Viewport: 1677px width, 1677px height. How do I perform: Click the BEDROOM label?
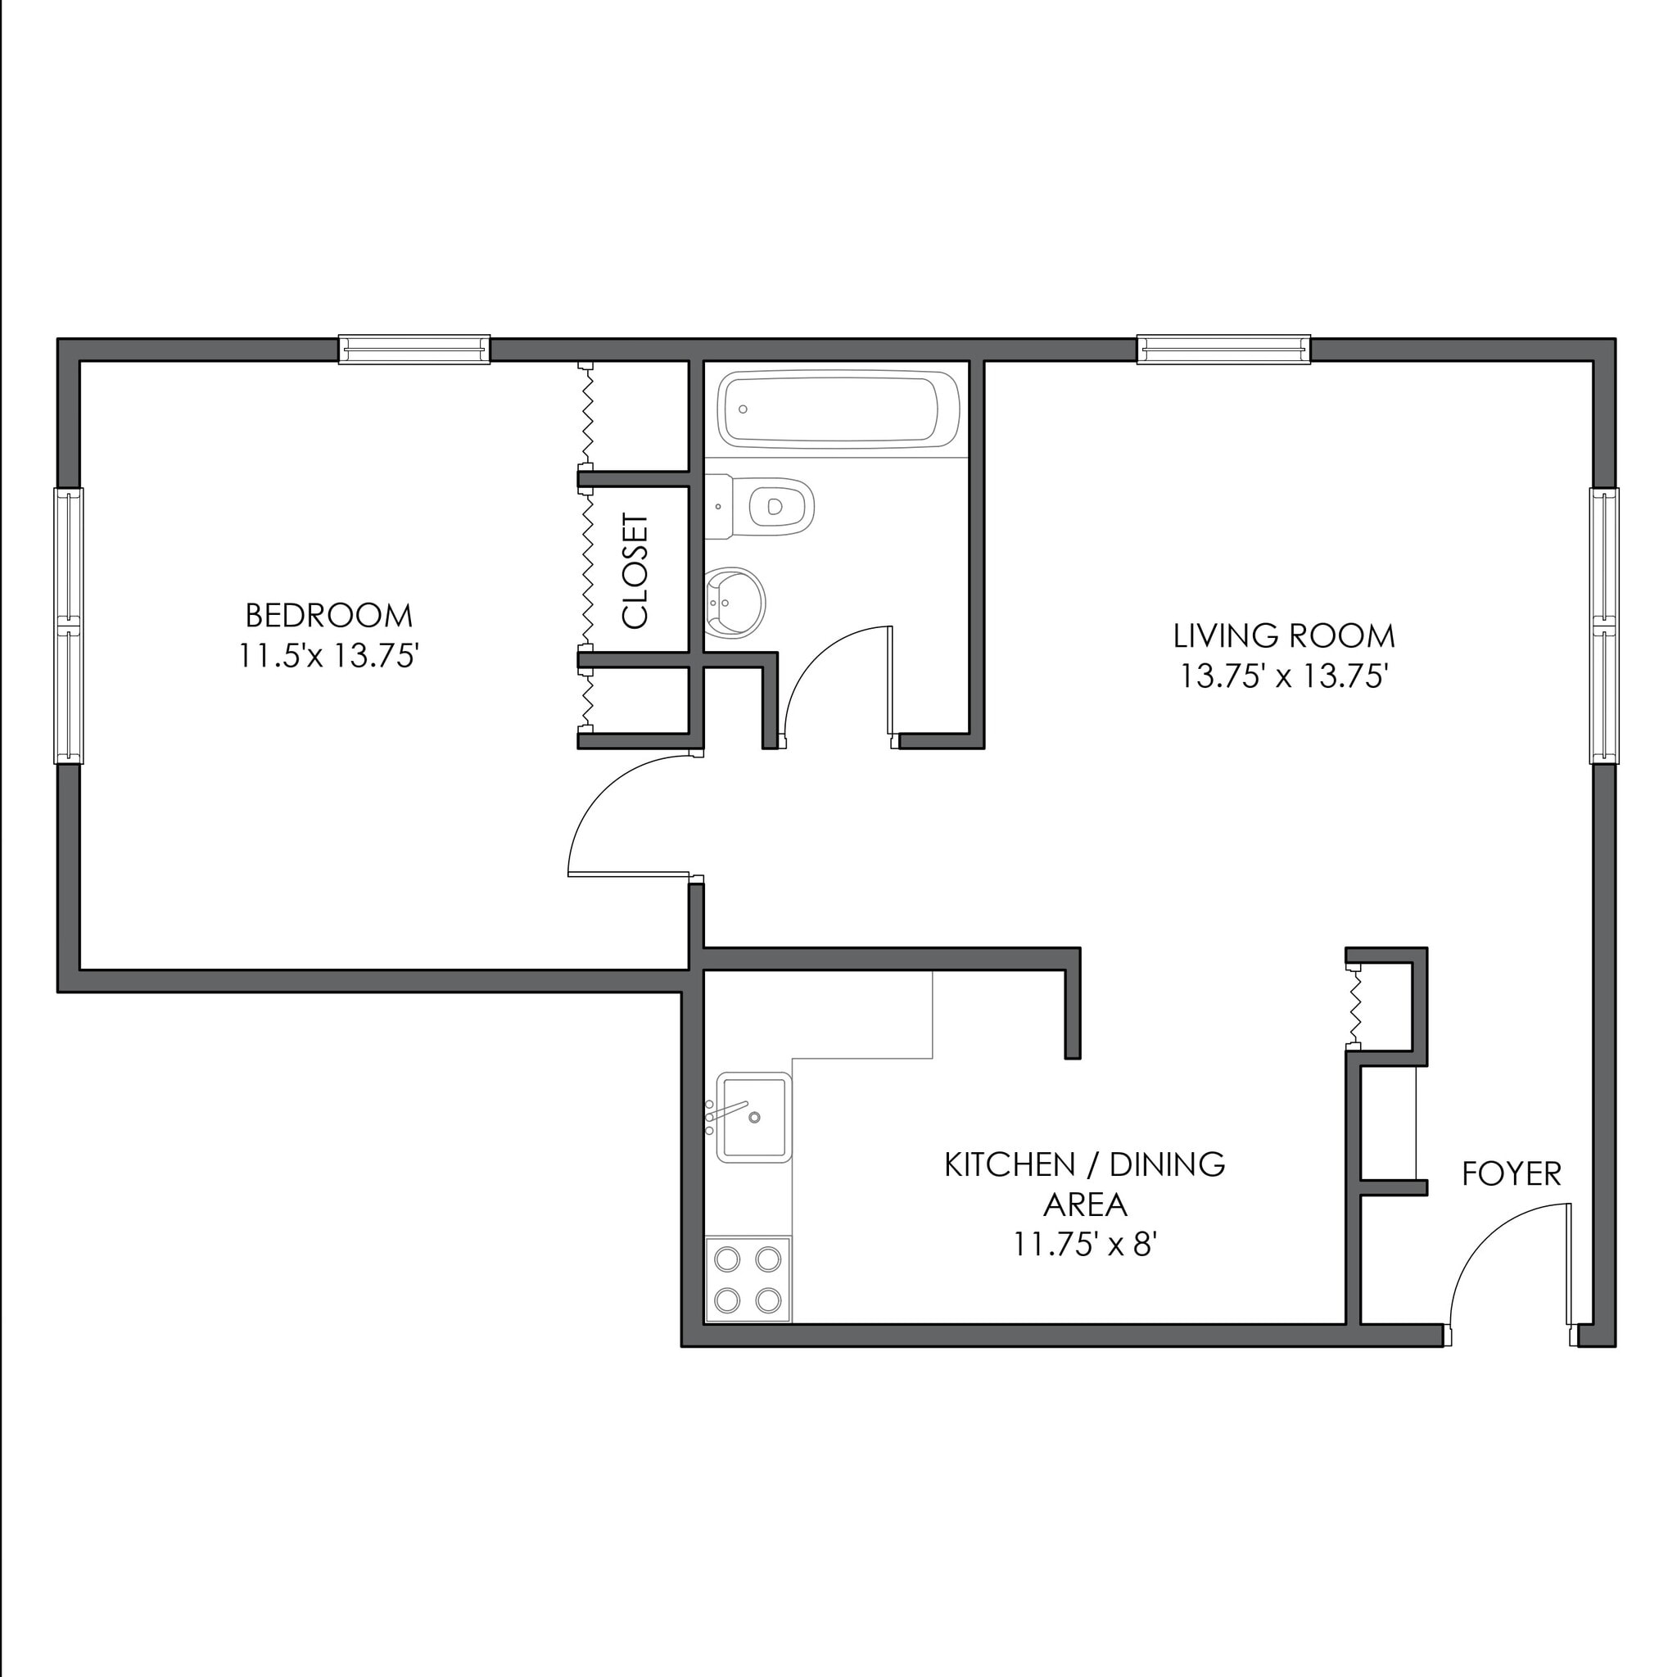tap(329, 616)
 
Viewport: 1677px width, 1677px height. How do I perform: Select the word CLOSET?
tap(635, 572)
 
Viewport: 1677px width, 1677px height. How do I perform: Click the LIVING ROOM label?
tap(1284, 636)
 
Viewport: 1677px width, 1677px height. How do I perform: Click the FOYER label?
tap(1512, 1174)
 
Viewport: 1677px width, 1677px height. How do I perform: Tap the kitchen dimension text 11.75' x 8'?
tap(1085, 1245)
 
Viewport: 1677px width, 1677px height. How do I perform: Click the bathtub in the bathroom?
tap(838, 409)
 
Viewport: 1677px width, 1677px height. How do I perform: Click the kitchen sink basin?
tap(753, 1116)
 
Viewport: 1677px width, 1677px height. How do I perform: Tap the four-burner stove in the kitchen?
tap(748, 1280)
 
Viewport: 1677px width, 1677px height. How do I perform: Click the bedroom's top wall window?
tap(414, 349)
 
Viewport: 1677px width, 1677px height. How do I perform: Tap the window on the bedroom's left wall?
tap(69, 625)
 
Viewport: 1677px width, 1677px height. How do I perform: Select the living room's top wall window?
tap(1223, 349)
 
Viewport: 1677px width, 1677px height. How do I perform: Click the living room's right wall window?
tap(1603, 625)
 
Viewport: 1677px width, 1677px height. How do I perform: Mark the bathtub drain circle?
tap(743, 409)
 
